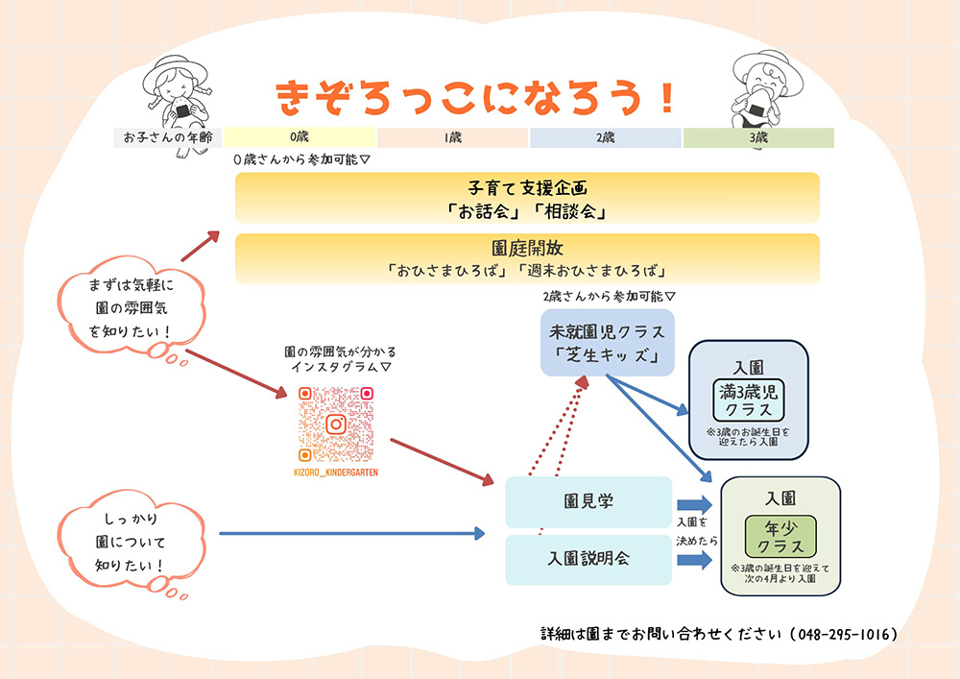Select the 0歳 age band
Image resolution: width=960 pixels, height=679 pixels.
coord(300,137)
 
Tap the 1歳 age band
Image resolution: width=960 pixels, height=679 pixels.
coord(453,137)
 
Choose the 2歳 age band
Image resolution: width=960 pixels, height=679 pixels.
coord(606,137)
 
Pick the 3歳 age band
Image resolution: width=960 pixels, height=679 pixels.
coord(758,137)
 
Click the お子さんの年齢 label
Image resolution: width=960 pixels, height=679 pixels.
coord(168,137)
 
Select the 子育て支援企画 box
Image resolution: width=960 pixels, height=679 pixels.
coord(527,198)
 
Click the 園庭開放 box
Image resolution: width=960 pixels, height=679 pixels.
coord(527,258)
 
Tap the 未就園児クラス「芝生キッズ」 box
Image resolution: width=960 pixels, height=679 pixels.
coord(607,343)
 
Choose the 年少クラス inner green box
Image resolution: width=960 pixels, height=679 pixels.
coord(780,536)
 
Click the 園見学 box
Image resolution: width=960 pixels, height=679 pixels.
coord(588,501)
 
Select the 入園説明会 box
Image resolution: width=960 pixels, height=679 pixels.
coord(588,559)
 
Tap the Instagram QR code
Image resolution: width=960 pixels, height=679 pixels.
coord(335,424)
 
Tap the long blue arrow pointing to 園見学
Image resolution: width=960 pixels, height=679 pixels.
coord(351,533)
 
